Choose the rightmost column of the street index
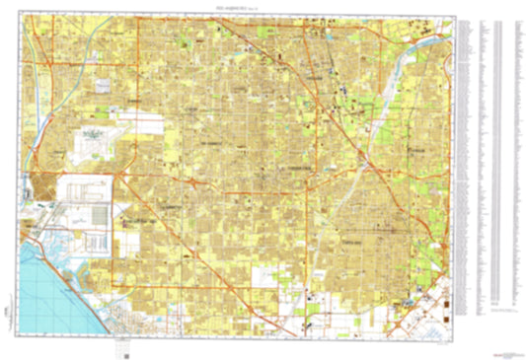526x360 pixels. tap(514, 148)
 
